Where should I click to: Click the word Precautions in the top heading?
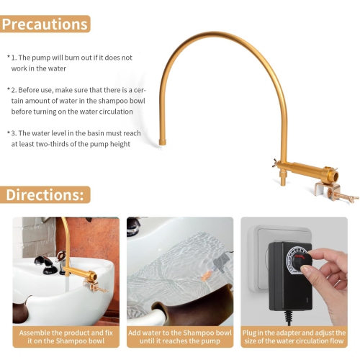45,24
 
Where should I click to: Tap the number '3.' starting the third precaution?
14,133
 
